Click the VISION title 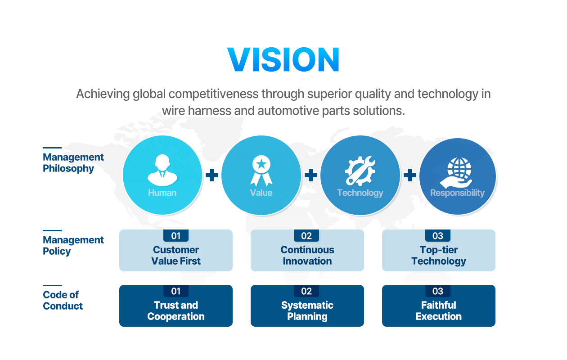coord(283,59)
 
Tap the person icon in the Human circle coord(162,170)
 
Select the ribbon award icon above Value coord(261,171)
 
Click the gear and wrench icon coord(360,171)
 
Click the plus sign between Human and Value coord(212,175)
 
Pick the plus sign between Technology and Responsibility coord(410,175)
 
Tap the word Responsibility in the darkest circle coord(457,193)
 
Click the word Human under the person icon coord(162,193)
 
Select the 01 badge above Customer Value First coord(176,236)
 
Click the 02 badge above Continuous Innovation coord(306,236)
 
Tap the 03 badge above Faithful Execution coord(438,291)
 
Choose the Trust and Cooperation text coord(176,310)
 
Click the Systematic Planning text coord(307,310)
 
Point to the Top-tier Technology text coord(439,256)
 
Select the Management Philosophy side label coord(73,163)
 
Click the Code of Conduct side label coord(63,300)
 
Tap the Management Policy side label coord(73,246)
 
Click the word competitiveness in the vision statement coord(213,94)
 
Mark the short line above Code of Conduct coord(52,285)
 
